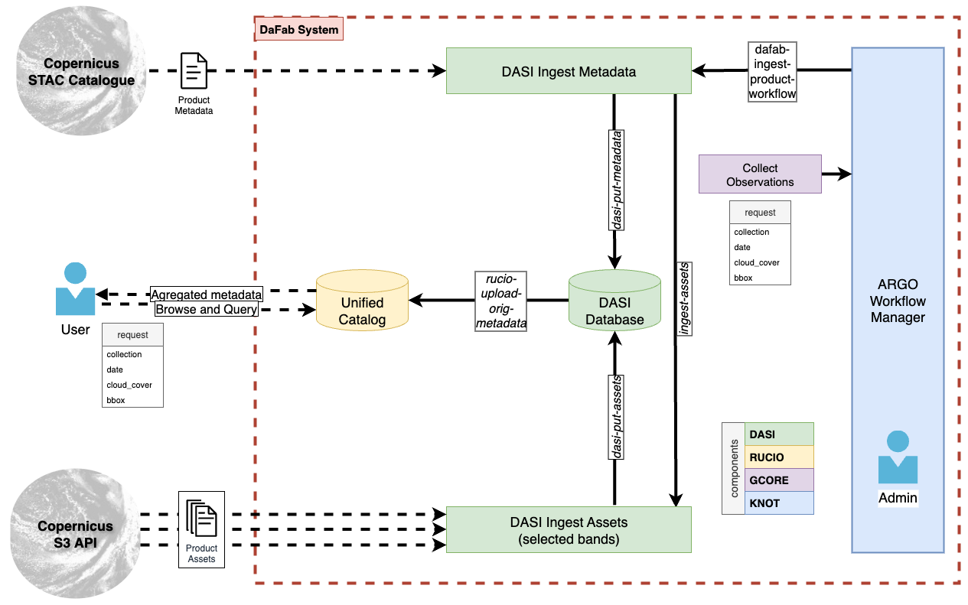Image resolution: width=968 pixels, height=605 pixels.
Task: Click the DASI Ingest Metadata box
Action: [569, 71]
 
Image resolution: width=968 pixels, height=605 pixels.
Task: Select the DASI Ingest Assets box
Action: [569, 530]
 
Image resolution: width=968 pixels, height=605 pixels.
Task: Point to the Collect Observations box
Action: [760, 174]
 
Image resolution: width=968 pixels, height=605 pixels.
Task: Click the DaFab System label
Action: [298, 30]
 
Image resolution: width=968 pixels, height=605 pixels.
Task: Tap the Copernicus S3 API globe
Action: [75, 534]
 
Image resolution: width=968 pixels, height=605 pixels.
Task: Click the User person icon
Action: [76, 290]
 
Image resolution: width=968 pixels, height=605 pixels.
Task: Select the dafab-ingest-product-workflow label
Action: [772, 71]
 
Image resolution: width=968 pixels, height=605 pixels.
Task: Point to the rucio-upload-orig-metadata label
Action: [500, 301]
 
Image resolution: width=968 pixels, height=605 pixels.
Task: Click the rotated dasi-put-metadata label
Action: [617, 181]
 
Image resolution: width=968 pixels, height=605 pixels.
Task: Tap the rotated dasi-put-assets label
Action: [617, 417]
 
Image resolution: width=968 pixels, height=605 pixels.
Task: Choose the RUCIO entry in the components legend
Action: [778, 457]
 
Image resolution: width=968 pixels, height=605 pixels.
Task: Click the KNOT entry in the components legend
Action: [778, 503]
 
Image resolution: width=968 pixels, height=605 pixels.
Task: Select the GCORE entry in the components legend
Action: [778, 480]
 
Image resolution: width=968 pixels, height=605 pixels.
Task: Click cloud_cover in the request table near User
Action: [129, 385]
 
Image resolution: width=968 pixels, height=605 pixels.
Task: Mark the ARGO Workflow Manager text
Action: [898, 302]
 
